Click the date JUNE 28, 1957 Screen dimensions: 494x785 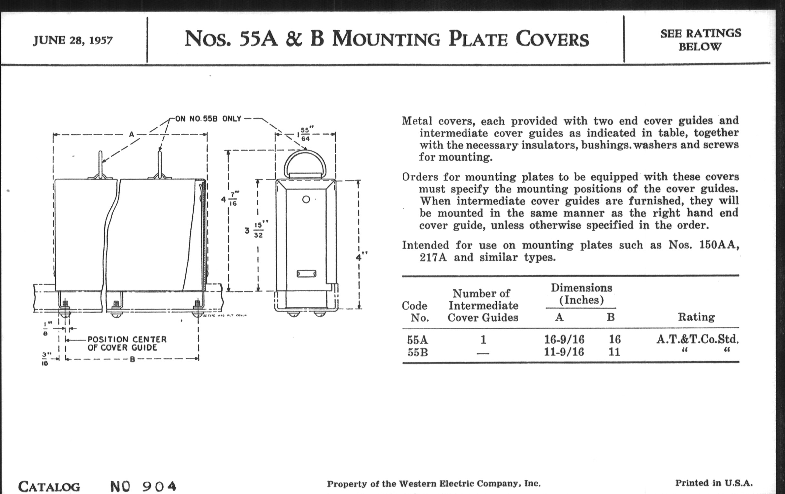73,40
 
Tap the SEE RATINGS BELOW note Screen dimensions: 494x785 700,40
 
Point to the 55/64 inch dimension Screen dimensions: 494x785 305,134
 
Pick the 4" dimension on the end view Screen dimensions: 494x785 361,257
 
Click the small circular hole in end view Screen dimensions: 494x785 306,200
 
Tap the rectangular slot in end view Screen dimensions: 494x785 306,273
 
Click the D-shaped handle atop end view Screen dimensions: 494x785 305,163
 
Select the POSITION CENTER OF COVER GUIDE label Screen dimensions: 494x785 127,343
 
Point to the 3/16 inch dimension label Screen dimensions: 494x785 46,359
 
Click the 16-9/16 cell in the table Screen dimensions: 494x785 564,339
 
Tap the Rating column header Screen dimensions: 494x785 696,317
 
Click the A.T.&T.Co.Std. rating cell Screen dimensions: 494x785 697,339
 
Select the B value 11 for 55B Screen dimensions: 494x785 614,352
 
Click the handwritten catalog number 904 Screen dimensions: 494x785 159,486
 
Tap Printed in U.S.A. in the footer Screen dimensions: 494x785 714,483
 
